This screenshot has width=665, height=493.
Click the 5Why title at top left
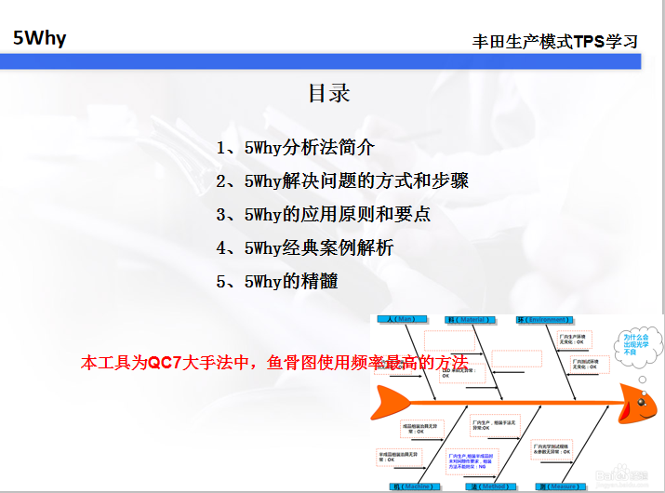[x=40, y=38]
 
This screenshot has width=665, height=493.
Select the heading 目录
[x=329, y=93]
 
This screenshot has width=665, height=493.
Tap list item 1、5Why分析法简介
[x=296, y=147]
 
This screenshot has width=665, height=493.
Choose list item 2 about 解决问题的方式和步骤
[x=342, y=180]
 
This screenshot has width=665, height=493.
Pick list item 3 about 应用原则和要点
[x=324, y=214]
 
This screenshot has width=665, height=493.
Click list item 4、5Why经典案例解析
[x=305, y=247]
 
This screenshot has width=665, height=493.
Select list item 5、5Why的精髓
[x=277, y=281]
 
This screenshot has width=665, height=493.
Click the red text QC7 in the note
[x=164, y=363]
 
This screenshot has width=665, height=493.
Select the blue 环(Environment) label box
[x=543, y=319]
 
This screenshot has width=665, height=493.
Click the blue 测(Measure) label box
[x=555, y=486]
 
